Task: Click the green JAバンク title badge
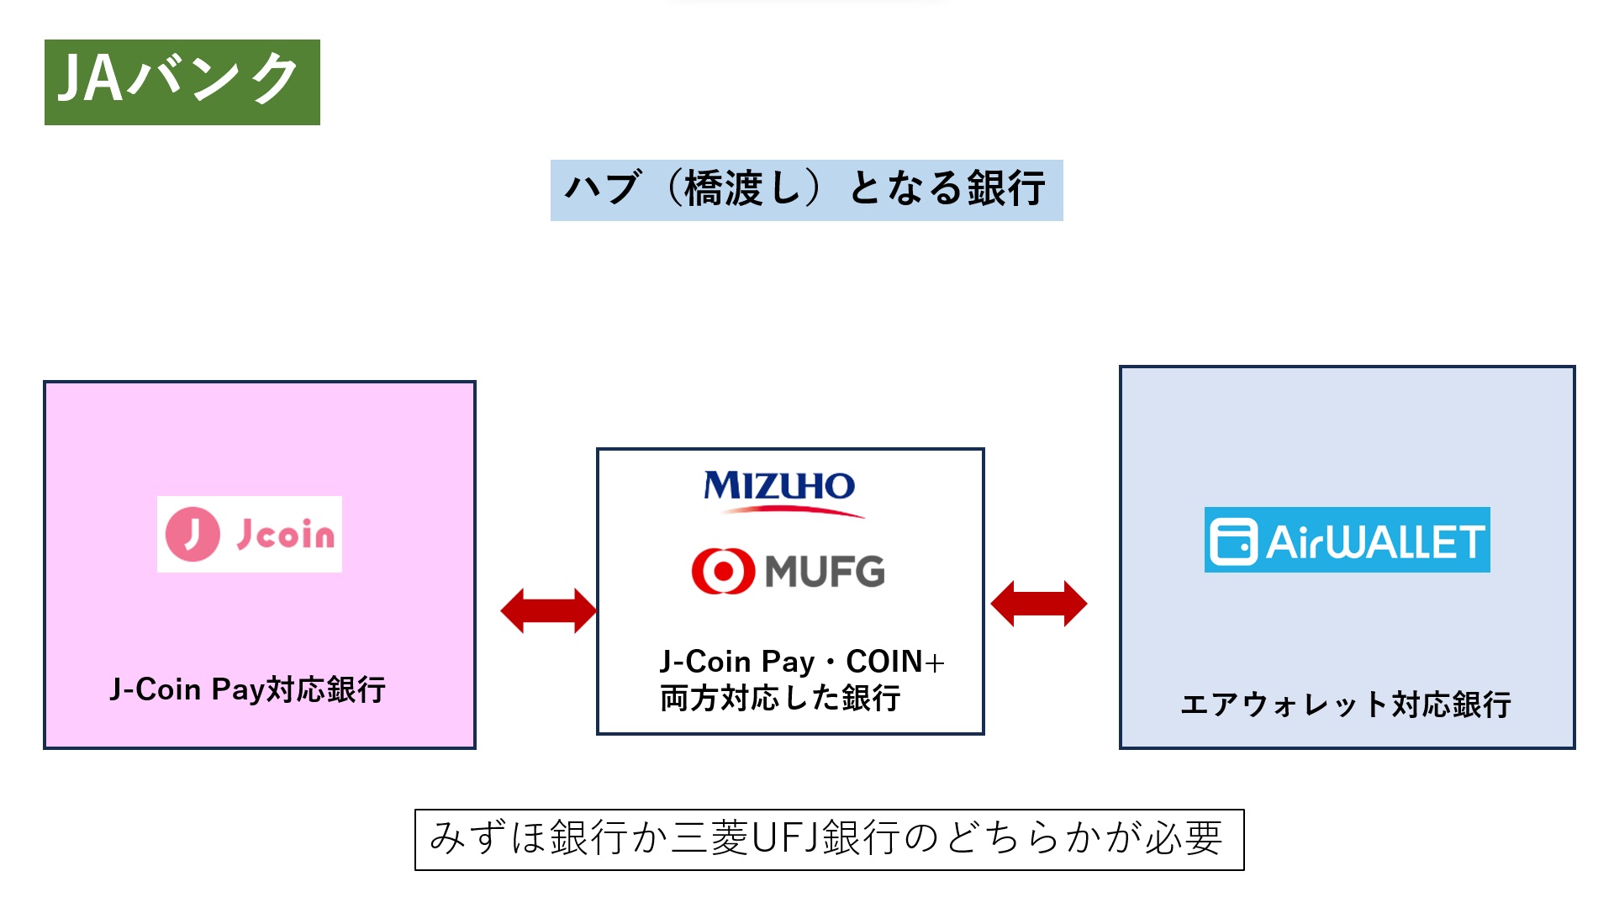pyautogui.click(x=182, y=82)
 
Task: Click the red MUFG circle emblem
pyautogui.click(x=722, y=571)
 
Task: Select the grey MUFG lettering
pyautogui.click(x=825, y=572)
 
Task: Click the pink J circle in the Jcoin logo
pyautogui.click(x=193, y=534)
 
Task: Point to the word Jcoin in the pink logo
pyautogui.click(x=285, y=534)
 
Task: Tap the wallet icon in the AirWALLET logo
pyautogui.click(x=1233, y=541)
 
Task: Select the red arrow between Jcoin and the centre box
pyautogui.click(x=548, y=610)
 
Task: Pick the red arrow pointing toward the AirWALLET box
pyautogui.click(x=1039, y=604)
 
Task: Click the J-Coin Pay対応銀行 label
pyautogui.click(x=248, y=689)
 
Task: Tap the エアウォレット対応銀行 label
pyautogui.click(x=1346, y=705)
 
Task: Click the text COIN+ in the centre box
pyautogui.click(x=895, y=662)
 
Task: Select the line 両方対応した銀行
pyautogui.click(x=780, y=699)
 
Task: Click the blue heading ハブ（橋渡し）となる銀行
pyautogui.click(x=806, y=189)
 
